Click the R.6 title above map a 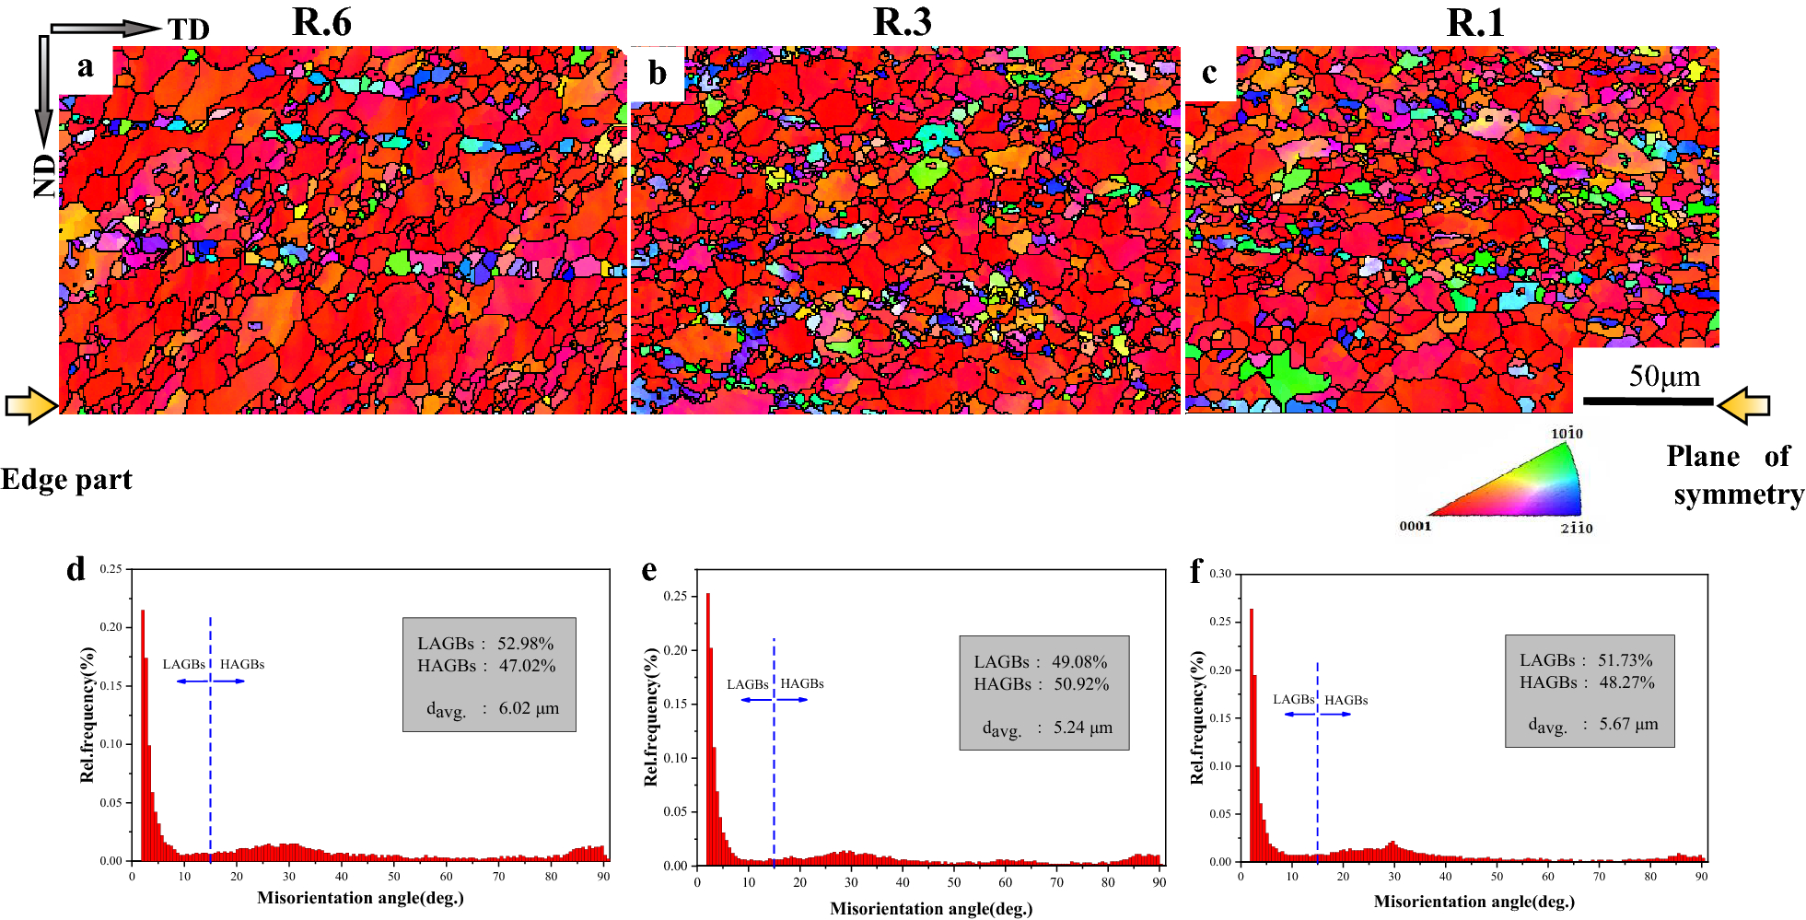tap(321, 22)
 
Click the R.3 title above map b tap(902, 22)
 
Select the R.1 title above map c tap(1474, 22)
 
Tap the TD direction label tap(189, 30)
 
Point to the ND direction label tap(44, 176)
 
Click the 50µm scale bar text tap(1664, 376)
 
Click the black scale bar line tap(1648, 402)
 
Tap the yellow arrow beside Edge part tap(31, 405)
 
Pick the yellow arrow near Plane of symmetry tap(1743, 405)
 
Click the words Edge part tap(66, 480)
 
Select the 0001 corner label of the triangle tap(1415, 527)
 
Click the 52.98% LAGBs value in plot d tap(526, 644)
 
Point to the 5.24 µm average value tap(1083, 728)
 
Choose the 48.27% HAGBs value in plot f tap(1626, 682)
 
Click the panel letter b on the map tap(657, 73)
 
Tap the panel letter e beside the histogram tap(649, 570)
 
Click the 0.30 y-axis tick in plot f tap(1220, 574)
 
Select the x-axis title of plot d tap(360, 898)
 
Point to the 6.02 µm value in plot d tap(529, 708)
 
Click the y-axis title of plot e tap(651, 717)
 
